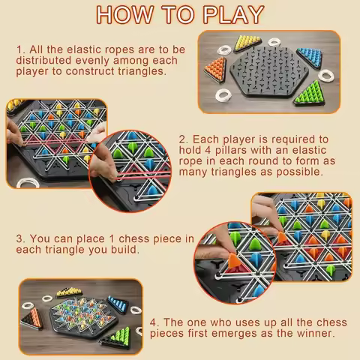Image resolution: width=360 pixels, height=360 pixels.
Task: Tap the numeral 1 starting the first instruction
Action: click(20, 48)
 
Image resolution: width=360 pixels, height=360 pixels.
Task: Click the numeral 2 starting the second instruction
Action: click(183, 139)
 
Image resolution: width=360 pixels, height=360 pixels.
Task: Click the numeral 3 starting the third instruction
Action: click(20, 240)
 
